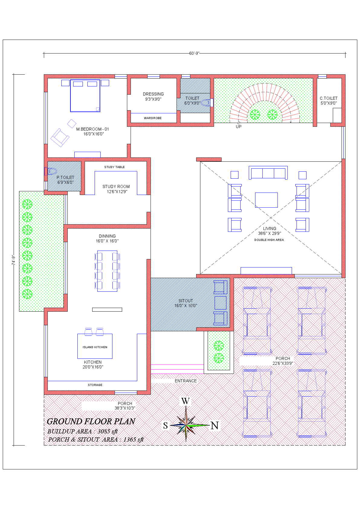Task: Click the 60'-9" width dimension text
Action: [194, 53]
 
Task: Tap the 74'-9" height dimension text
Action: [13, 260]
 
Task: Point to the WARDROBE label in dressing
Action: [153, 118]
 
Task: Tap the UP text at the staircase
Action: [238, 127]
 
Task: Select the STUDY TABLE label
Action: [115, 167]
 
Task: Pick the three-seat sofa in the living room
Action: [268, 173]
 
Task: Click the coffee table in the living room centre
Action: [266, 200]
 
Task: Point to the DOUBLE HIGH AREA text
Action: [269, 240]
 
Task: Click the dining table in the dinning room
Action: [107, 271]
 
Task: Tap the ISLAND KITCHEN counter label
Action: [95, 347]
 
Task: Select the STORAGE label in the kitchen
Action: [95, 385]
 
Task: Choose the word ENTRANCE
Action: [186, 381]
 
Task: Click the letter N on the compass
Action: [215, 426]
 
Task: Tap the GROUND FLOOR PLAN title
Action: [91, 421]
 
